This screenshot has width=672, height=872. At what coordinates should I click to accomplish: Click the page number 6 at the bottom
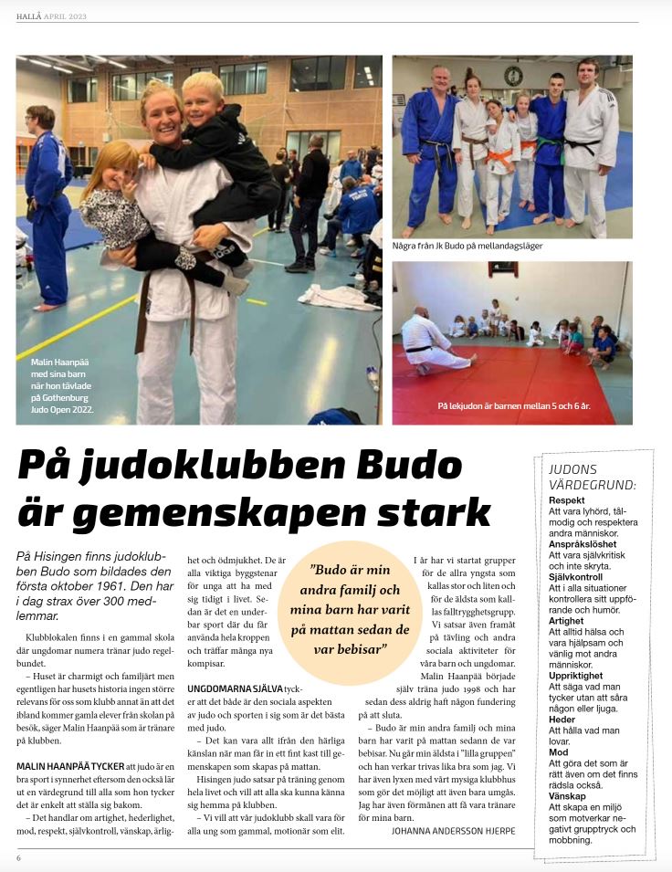click(18, 858)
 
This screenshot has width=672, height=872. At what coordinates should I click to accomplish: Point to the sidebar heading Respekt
click(568, 500)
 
